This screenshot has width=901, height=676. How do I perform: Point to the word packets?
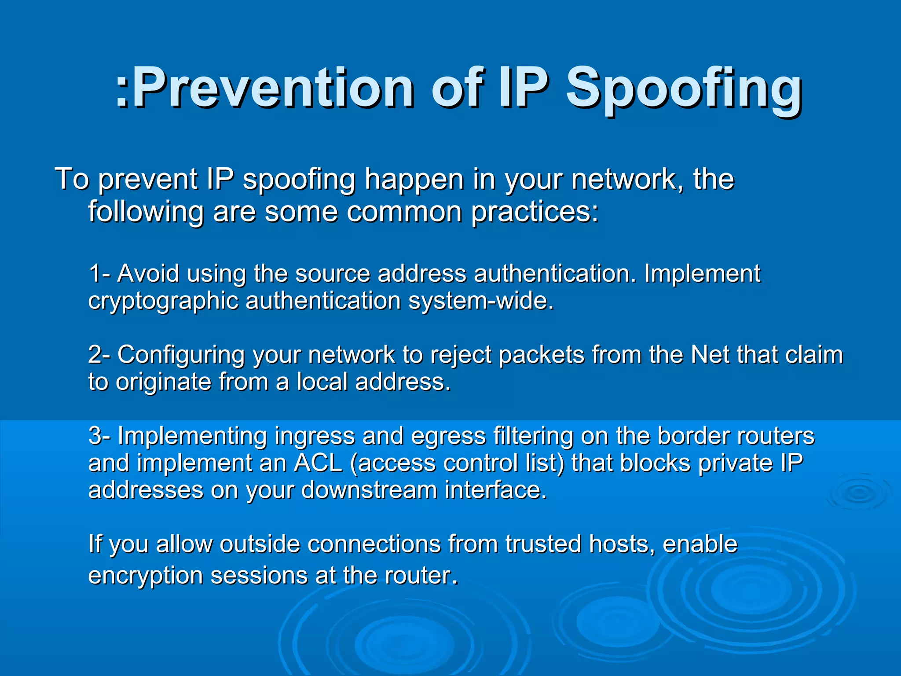(x=542, y=355)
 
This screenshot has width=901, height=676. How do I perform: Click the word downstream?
(x=369, y=490)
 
